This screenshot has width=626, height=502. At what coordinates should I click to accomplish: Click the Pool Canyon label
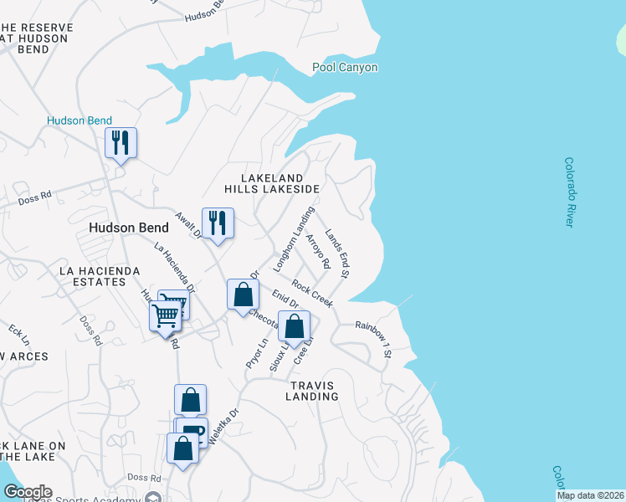[345, 68]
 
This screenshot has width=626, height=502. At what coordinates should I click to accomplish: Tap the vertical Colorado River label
[569, 192]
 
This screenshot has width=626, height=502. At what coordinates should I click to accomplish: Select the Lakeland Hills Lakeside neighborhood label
[280, 184]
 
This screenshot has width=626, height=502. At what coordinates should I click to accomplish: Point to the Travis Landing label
[312, 391]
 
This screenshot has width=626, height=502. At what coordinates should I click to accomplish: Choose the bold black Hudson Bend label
[129, 228]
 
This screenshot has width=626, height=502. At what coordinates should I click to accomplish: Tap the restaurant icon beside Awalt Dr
[218, 223]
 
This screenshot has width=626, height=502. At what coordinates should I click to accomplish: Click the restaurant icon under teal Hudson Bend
[121, 143]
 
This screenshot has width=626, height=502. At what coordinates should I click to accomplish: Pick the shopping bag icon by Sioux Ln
[294, 327]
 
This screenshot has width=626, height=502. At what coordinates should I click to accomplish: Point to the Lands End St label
[336, 254]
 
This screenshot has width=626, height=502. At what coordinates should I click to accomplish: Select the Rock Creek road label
[312, 294]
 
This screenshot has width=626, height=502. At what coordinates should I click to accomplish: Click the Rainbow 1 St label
[373, 336]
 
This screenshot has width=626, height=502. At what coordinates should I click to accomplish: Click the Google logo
[27, 492]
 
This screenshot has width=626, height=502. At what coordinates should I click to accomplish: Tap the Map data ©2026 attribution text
[590, 495]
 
